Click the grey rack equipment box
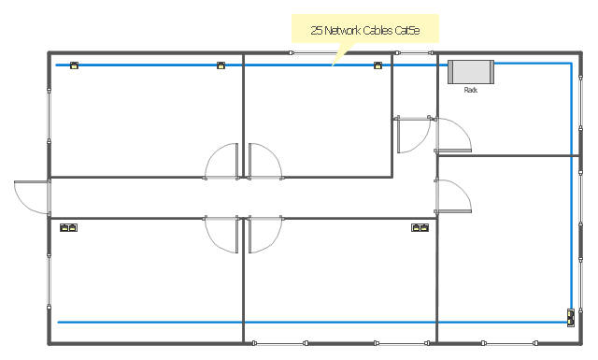tap(471, 72)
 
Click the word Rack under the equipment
tap(471, 90)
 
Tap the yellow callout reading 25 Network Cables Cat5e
tap(365, 29)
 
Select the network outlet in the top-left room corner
tap(75, 65)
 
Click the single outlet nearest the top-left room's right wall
tap(221, 65)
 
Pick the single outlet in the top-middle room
tap(377, 65)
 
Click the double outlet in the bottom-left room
tap(68, 227)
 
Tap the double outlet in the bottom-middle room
tap(420, 227)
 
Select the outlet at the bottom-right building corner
tap(571, 318)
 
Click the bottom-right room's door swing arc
tap(463, 188)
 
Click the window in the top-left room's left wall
tap(49, 116)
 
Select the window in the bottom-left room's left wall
tap(49, 281)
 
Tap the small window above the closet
tap(414, 52)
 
